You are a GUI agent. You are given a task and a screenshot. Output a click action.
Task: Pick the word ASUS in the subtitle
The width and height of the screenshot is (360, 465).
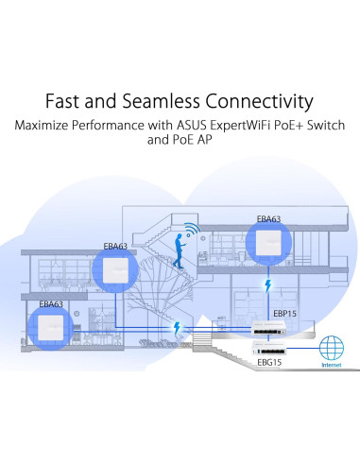click(197, 125)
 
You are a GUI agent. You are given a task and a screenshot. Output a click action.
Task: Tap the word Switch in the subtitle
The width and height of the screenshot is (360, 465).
click(323, 125)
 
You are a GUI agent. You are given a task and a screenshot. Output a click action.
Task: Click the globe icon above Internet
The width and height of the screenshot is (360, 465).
click(333, 346)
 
